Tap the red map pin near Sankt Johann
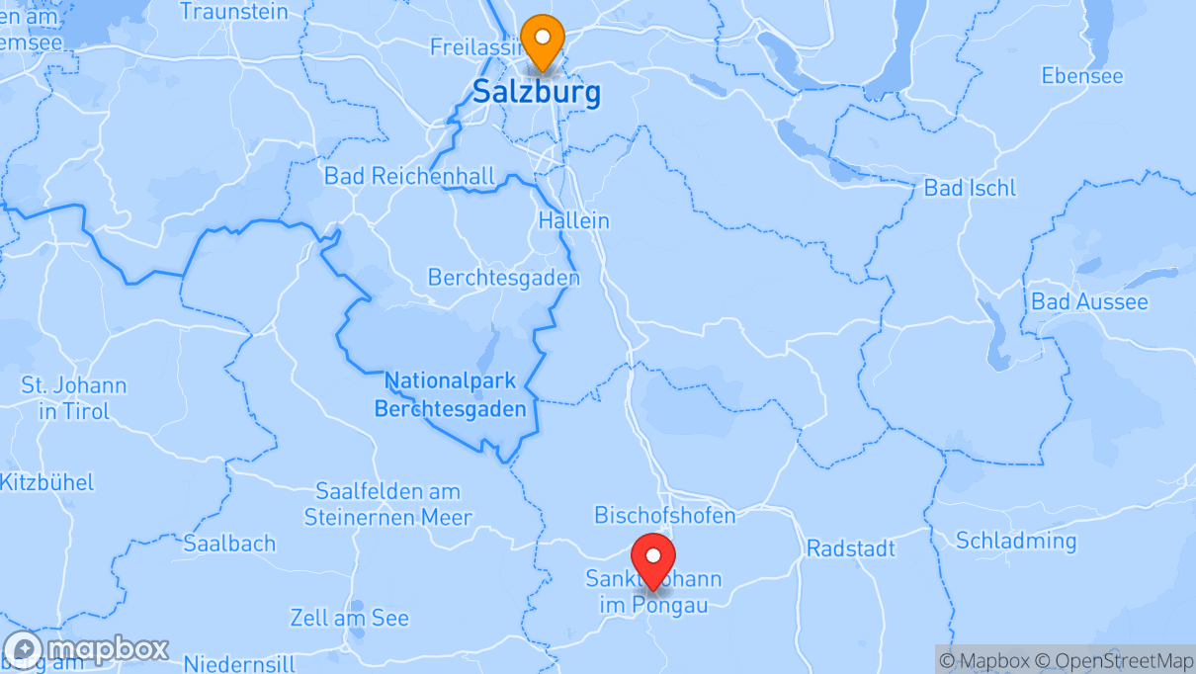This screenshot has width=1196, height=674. pyautogui.click(x=652, y=559)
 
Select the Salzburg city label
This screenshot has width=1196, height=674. pyautogui.click(x=536, y=93)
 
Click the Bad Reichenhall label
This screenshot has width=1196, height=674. pyautogui.click(x=409, y=177)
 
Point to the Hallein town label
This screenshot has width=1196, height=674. pyautogui.click(x=573, y=220)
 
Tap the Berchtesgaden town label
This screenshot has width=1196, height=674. pyautogui.click(x=503, y=278)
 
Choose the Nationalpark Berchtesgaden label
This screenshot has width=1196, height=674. pyautogui.click(x=450, y=394)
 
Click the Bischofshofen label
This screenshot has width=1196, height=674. pyautogui.click(x=664, y=515)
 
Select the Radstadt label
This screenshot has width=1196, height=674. pyautogui.click(x=851, y=548)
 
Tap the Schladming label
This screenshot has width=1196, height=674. pyautogui.click(x=1016, y=541)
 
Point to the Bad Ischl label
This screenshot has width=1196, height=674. pyautogui.click(x=969, y=188)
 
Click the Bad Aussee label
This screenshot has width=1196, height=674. pyautogui.click(x=1089, y=301)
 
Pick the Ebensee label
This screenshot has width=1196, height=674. pyautogui.click(x=1082, y=76)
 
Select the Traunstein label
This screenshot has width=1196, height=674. pyautogui.click(x=234, y=12)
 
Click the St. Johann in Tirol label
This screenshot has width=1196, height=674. pyautogui.click(x=74, y=398)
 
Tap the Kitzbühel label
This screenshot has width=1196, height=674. pyautogui.click(x=47, y=482)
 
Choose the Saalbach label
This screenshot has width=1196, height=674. pyautogui.click(x=229, y=543)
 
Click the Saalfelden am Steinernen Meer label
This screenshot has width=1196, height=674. pyautogui.click(x=387, y=504)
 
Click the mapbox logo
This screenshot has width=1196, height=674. pyautogui.click(x=87, y=650)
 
